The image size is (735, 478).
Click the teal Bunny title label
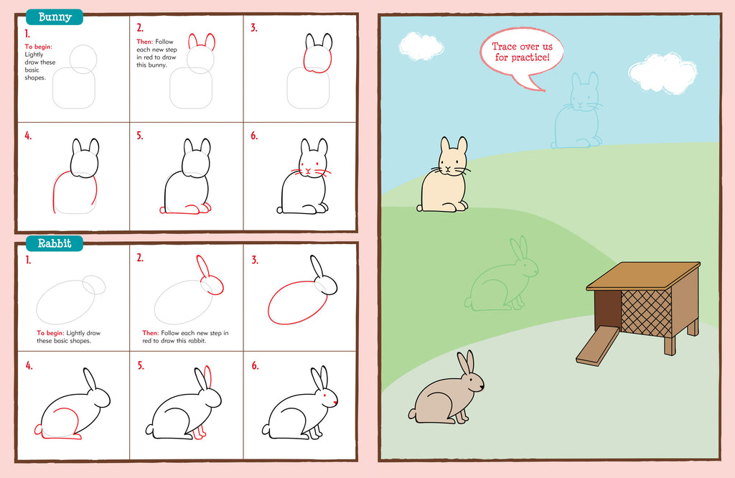[55, 17]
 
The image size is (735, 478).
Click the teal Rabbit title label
[55, 243]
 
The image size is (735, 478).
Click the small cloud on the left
[421, 47]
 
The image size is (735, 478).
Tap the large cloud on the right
[663, 74]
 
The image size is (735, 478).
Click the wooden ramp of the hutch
[598, 346]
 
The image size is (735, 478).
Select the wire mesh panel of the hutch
[646, 313]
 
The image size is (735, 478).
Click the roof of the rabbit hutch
[643, 276]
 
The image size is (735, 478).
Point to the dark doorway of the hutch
[607, 310]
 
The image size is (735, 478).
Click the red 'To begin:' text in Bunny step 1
[39, 47]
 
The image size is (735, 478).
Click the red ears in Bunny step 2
[202, 41]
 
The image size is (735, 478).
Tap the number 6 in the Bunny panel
[253, 136]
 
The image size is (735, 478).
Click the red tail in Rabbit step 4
[38, 428]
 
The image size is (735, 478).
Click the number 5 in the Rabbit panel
[140, 365]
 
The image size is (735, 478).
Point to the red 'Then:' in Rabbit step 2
[151, 333]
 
